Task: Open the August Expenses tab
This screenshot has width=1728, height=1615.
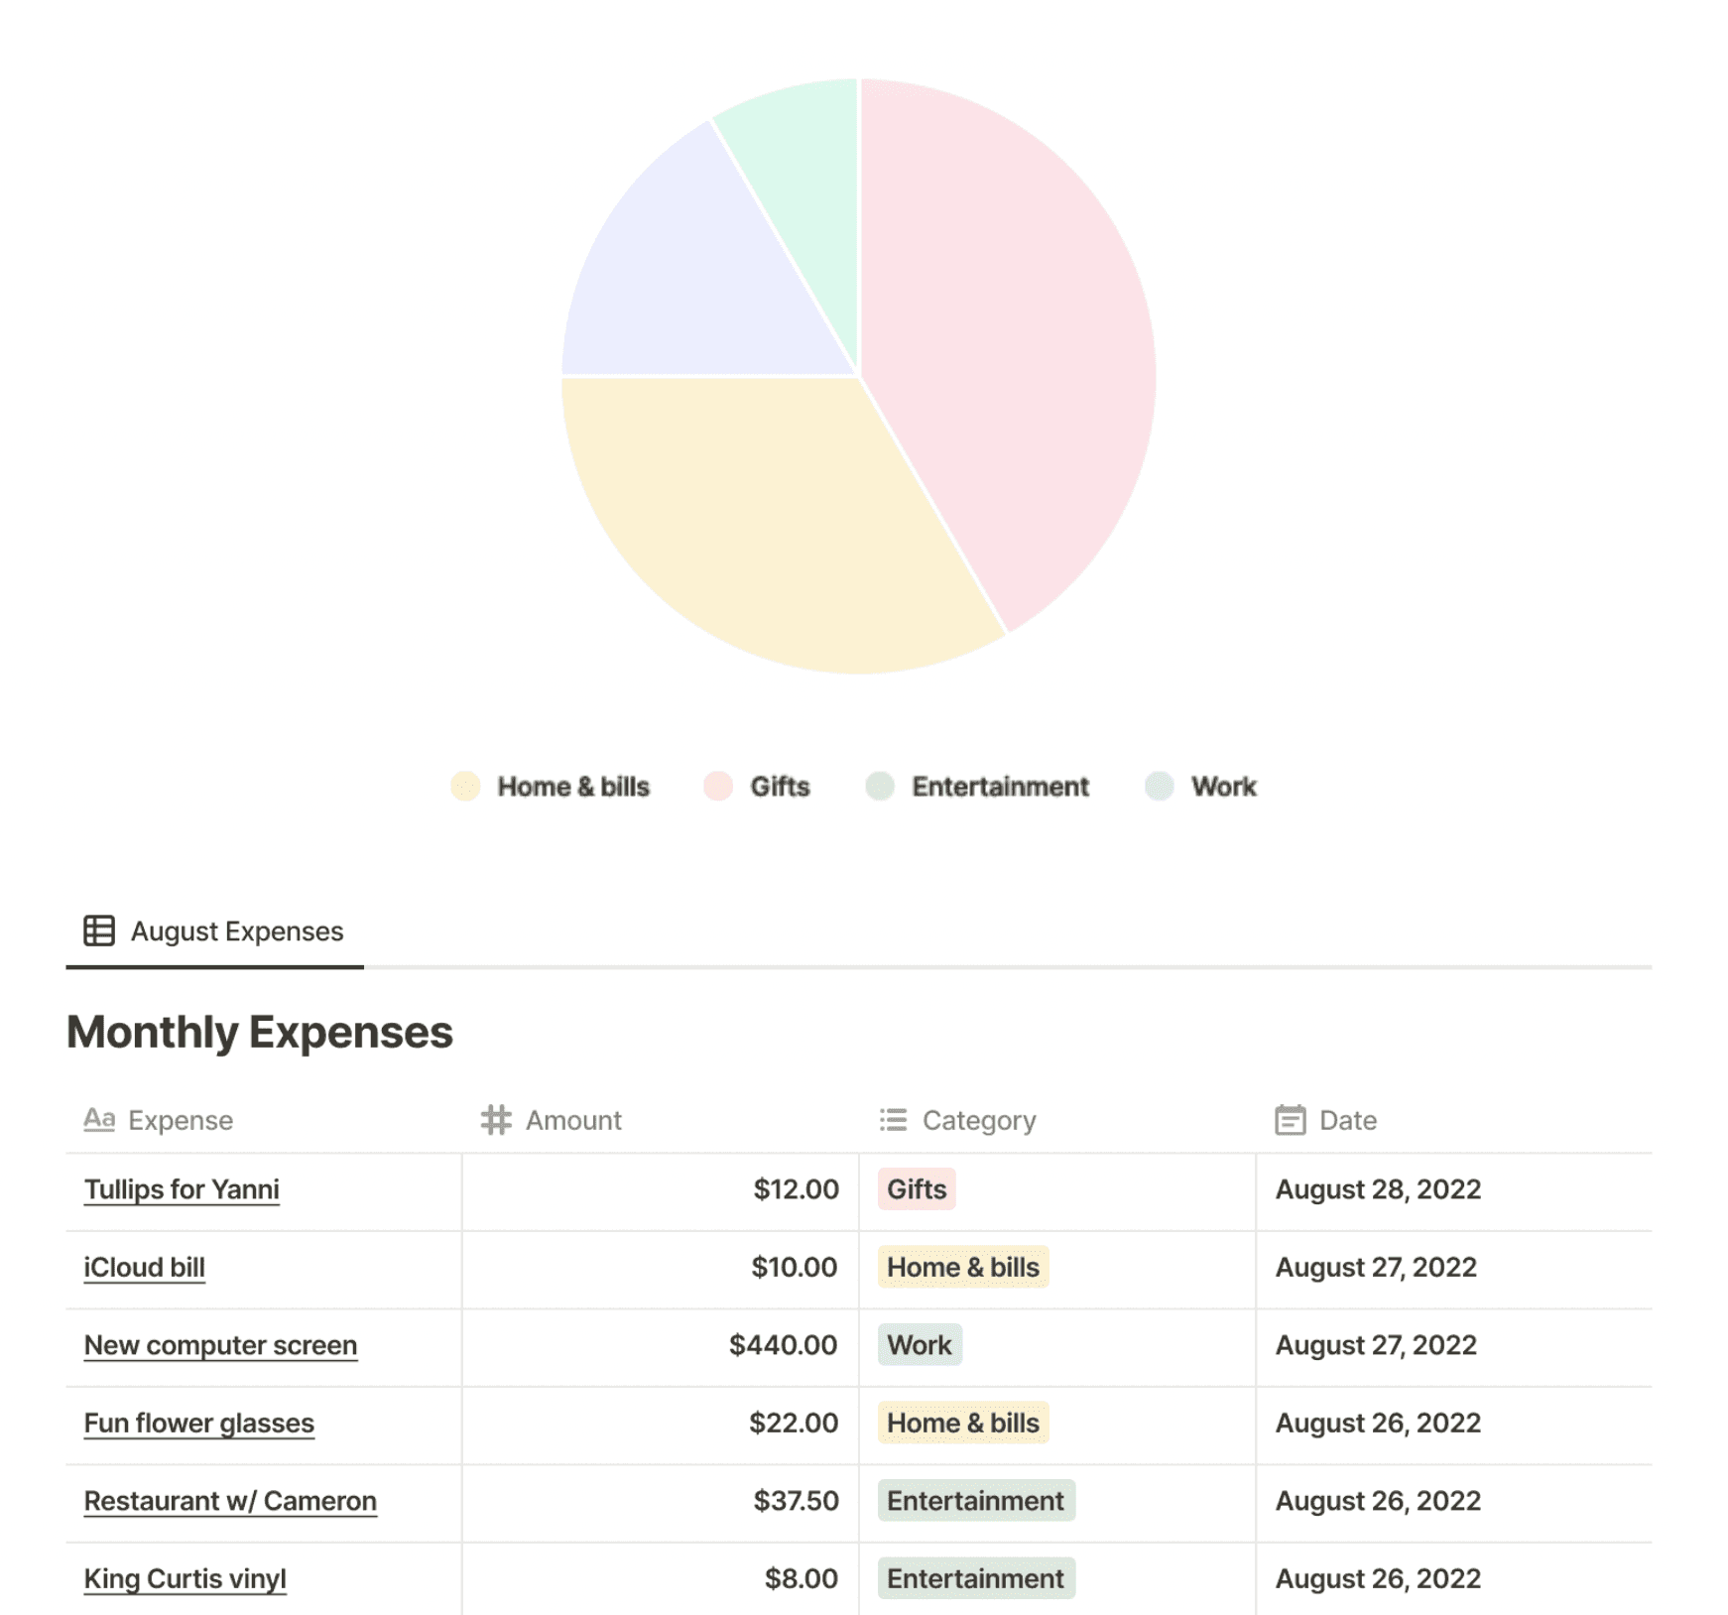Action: pyautogui.click(x=215, y=932)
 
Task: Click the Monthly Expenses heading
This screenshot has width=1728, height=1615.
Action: pyautogui.click(x=260, y=1032)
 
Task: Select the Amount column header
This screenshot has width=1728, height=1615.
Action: pyautogui.click(x=572, y=1120)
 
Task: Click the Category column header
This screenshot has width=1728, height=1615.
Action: pyautogui.click(x=978, y=1120)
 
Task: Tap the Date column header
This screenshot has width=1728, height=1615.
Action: pyautogui.click(x=1346, y=1120)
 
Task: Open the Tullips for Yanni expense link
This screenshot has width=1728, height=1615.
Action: pyautogui.click(x=182, y=1189)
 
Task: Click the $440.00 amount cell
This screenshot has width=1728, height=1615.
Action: pyautogui.click(x=783, y=1345)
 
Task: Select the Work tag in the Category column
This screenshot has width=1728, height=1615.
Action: pyautogui.click(x=919, y=1345)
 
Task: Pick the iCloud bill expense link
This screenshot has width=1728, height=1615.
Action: pyautogui.click(x=145, y=1268)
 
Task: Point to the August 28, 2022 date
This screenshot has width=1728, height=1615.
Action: pyautogui.click(x=1377, y=1189)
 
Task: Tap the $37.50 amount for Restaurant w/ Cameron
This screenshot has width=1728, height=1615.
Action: pyautogui.click(x=796, y=1501)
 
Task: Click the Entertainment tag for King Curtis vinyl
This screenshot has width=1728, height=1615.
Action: pyautogui.click(x=975, y=1578)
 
